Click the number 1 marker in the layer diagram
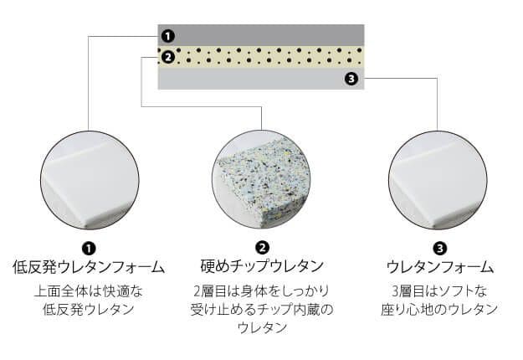[x=167, y=36]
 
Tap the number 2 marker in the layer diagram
[x=167, y=57]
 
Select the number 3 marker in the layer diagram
[x=351, y=79]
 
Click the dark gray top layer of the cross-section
[x=261, y=35]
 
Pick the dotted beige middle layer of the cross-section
[x=261, y=57]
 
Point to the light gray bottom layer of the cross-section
[x=261, y=79]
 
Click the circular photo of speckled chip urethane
[x=261, y=179]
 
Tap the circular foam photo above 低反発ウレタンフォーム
[x=89, y=180]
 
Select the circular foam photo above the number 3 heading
[x=438, y=180]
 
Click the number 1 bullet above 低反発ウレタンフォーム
[x=89, y=248]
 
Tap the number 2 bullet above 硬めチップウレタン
[x=262, y=248]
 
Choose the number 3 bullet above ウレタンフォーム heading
[x=439, y=248]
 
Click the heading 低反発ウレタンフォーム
[x=89, y=267]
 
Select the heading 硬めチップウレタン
[x=262, y=266]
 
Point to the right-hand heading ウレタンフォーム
[x=439, y=267]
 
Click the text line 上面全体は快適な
[x=89, y=291]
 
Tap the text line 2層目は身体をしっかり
[x=261, y=291]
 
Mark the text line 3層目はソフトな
[x=439, y=291]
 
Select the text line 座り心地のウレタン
[x=439, y=309]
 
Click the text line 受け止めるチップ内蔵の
[x=262, y=309]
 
